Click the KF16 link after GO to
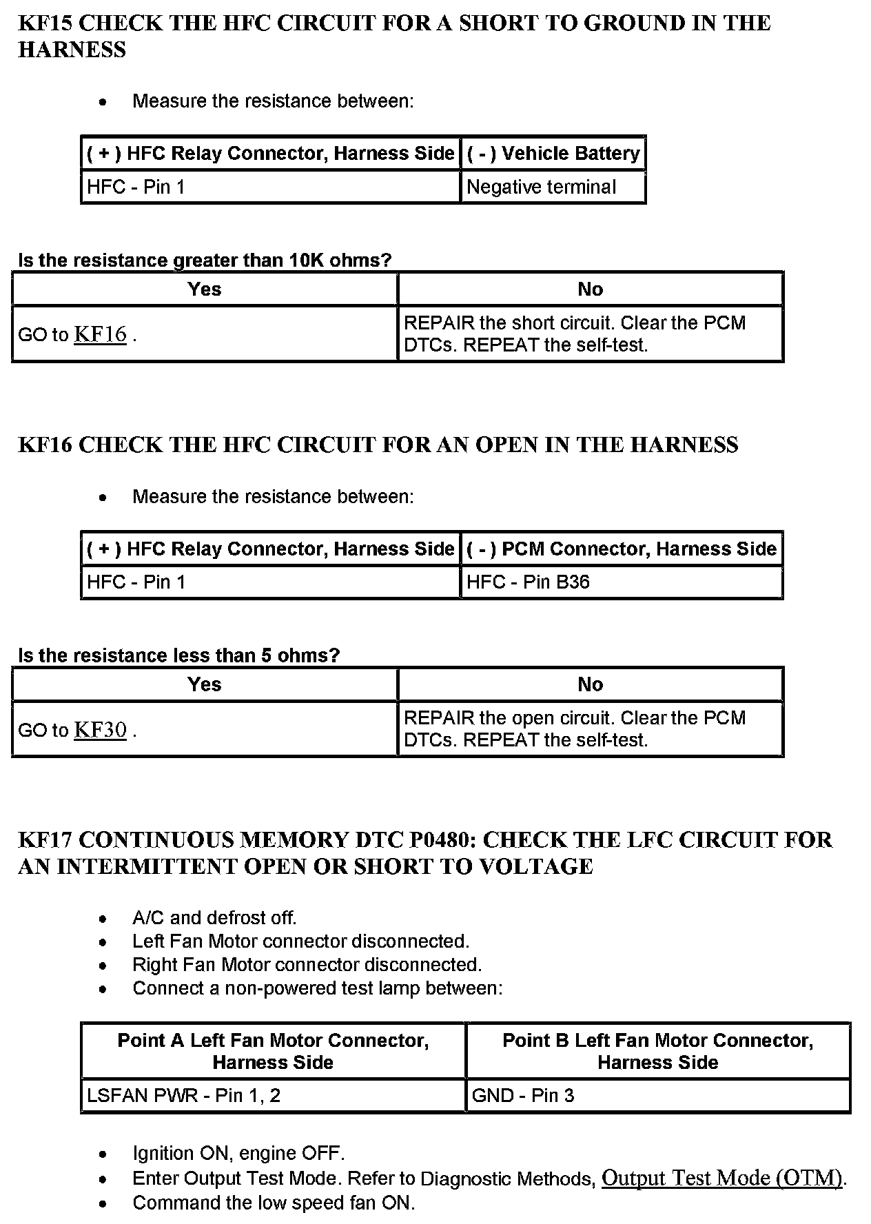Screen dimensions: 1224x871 tap(100, 334)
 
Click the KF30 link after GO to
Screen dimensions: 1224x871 tap(100, 730)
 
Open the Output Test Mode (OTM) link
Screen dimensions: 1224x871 tap(722, 1178)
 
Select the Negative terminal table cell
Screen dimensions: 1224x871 tap(541, 187)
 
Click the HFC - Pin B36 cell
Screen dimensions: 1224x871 tap(528, 582)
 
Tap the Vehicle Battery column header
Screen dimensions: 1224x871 tap(553, 153)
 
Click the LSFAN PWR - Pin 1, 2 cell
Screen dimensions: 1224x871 tap(183, 1096)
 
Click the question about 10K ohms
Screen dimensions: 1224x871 tap(205, 261)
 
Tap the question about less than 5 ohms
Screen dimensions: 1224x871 tap(179, 655)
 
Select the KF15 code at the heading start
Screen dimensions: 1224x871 tap(45, 23)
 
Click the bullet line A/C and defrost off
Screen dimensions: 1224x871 tap(214, 918)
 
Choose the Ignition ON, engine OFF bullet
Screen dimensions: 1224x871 tap(238, 1153)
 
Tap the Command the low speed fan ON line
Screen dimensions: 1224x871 tap(274, 1203)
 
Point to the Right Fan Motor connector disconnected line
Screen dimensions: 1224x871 tap(307, 965)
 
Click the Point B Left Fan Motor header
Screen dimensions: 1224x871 tap(657, 1051)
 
